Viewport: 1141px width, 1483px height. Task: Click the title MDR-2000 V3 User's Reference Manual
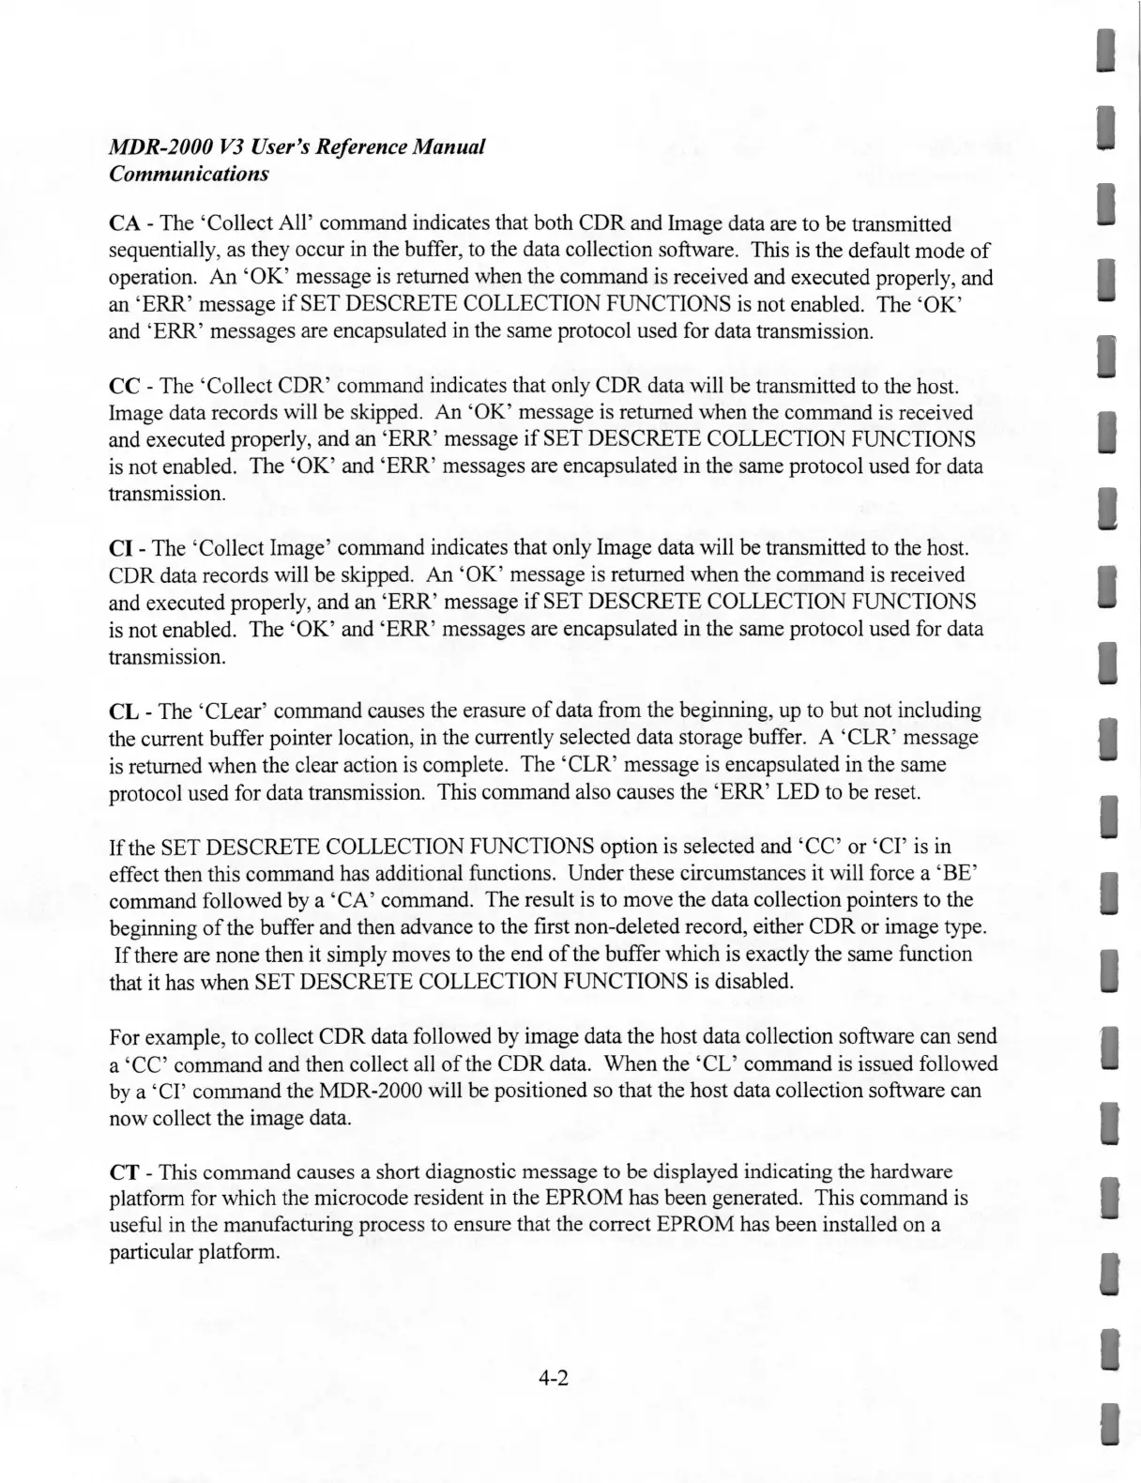point(296,147)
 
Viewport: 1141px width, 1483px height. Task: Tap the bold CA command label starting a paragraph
point(125,223)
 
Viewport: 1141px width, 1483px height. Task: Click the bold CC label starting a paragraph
point(125,386)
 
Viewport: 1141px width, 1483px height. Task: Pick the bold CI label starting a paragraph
point(122,547)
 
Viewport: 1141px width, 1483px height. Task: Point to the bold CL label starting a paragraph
point(124,710)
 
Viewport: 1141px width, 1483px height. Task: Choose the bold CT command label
point(125,1172)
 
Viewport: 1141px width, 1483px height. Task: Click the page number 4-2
point(555,1379)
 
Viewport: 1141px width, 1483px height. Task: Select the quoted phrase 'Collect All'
point(260,223)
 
